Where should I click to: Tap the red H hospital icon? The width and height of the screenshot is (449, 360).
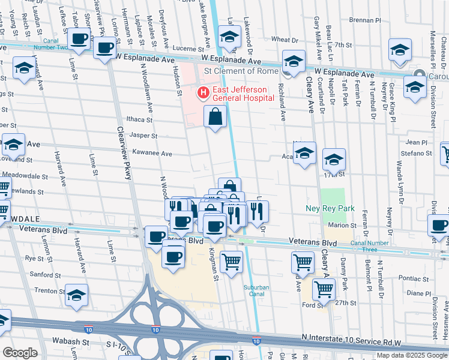(x=203, y=93)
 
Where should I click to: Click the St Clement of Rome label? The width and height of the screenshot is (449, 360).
(x=241, y=71)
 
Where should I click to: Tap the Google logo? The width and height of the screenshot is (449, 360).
(x=20, y=353)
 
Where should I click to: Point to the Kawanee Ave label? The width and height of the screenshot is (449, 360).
(x=152, y=154)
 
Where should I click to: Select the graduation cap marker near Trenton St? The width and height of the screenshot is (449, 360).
(x=76, y=295)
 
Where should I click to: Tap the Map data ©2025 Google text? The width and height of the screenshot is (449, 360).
(x=412, y=355)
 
